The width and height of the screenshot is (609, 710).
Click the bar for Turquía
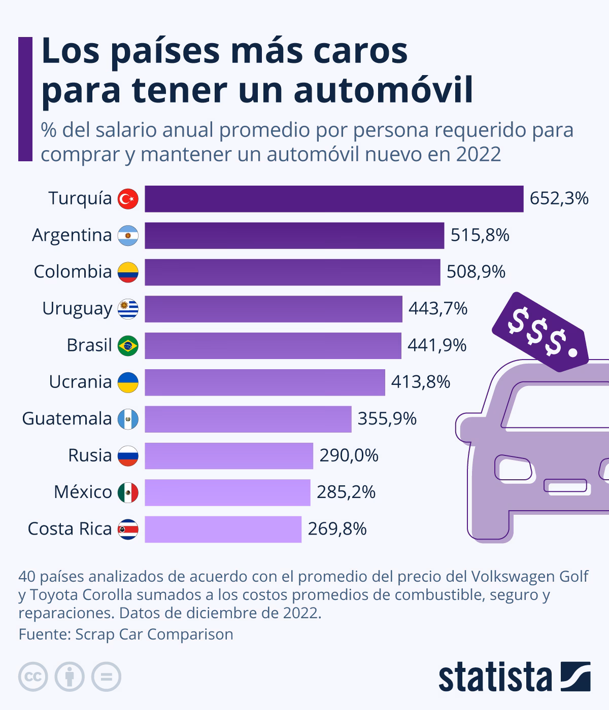point(334,199)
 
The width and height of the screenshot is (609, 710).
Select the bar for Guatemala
point(248,419)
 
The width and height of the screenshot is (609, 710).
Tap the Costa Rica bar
point(223,529)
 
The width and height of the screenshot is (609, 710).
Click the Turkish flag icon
point(128,199)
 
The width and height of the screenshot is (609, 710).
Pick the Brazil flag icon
point(128,346)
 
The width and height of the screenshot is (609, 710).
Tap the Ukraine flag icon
point(128,382)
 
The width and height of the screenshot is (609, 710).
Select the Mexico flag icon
point(128,492)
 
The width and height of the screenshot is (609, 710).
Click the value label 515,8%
point(480,235)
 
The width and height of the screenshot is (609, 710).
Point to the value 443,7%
point(437,308)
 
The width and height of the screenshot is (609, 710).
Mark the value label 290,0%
point(349,455)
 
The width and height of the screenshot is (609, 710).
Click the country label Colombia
point(73,272)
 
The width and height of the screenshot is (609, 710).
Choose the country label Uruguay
point(77,308)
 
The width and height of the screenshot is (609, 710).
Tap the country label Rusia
point(90,455)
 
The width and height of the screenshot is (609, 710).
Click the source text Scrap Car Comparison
point(154,634)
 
